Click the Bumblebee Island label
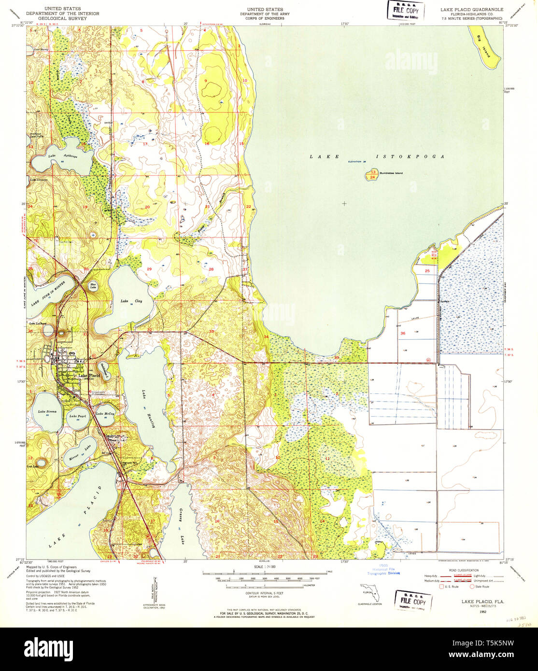391,173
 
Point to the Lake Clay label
131,301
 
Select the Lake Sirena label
47,411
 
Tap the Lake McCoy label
105,414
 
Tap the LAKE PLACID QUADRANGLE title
471,10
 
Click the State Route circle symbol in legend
472,587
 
